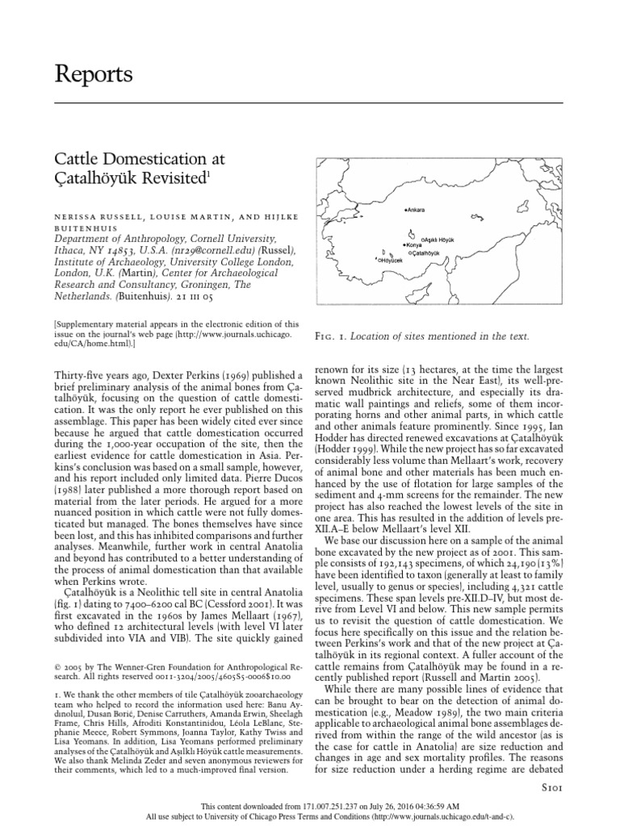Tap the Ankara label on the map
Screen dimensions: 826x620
click(417, 211)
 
